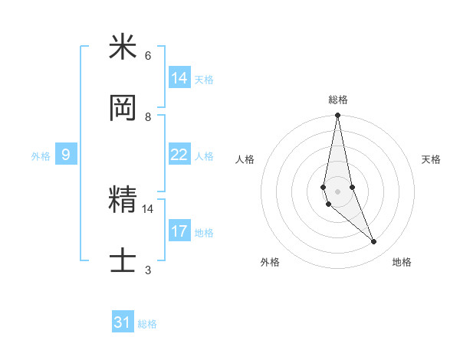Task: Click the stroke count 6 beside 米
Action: (148, 56)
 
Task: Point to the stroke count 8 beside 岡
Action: (148, 117)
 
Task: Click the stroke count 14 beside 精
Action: (148, 208)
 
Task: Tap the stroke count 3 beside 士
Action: (148, 270)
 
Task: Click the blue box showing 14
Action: (179, 78)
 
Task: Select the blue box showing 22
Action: (179, 155)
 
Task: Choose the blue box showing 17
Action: (179, 231)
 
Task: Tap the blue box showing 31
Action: (123, 322)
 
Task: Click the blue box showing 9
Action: (66, 155)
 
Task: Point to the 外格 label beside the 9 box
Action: (41, 155)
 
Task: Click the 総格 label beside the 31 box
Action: (147, 324)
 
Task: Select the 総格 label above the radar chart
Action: (338, 100)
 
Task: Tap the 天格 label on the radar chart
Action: (431, 159)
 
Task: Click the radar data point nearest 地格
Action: (374, 242)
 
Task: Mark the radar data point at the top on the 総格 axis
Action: (337, 116)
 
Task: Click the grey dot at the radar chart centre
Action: (337, 190)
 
